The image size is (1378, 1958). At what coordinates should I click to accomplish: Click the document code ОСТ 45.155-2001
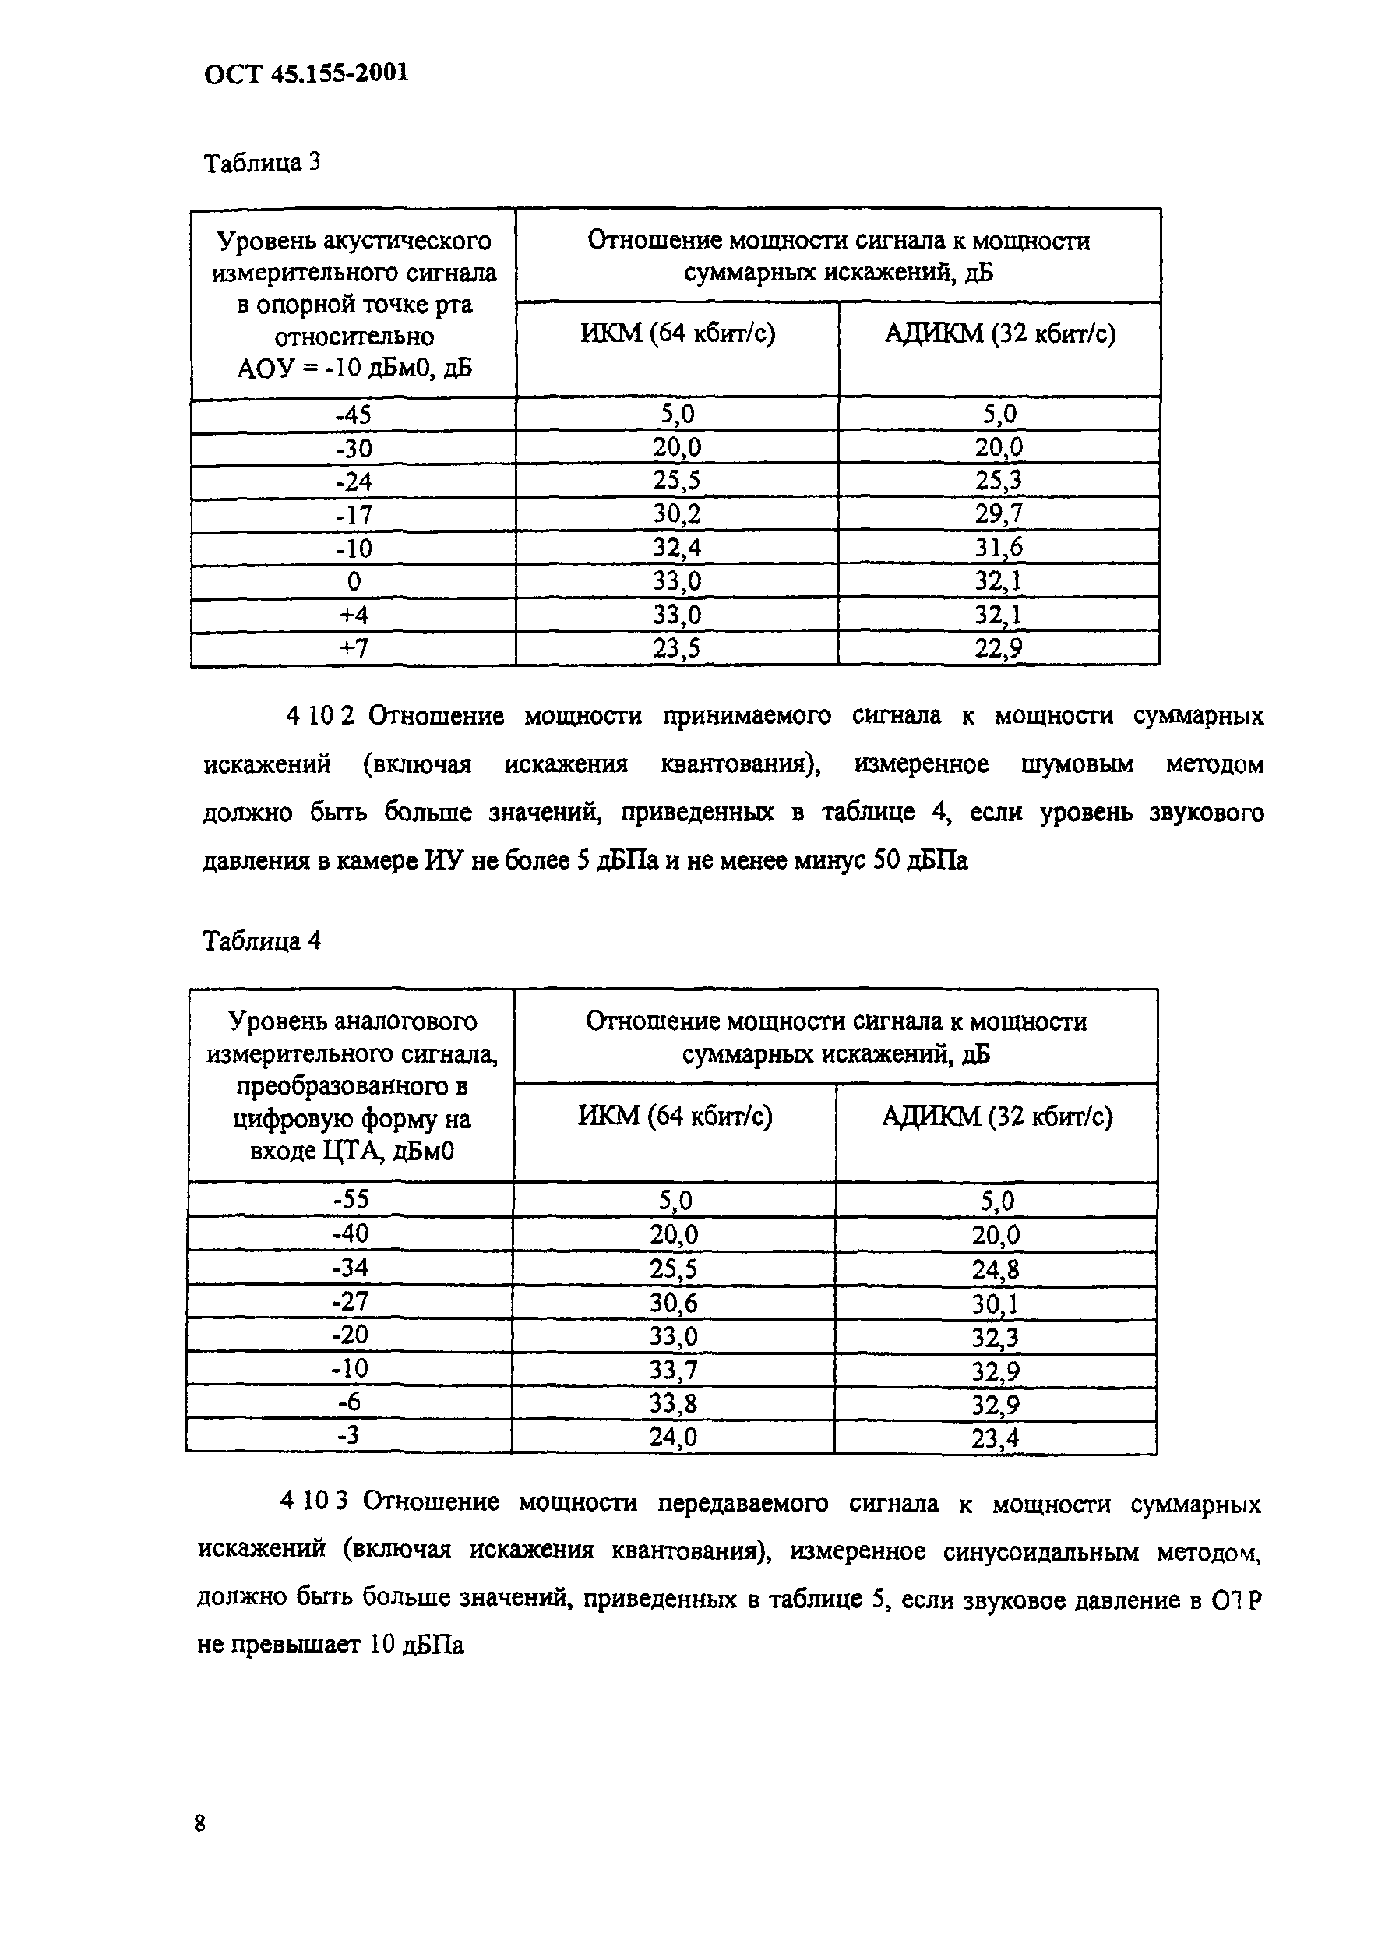[306, 73]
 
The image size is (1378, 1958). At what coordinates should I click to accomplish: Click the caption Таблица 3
[262, 162]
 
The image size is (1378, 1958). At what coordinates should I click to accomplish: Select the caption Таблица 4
[262, 940]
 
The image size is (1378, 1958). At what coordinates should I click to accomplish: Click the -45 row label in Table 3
[354, 415]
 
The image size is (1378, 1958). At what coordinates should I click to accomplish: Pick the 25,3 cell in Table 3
[999, 481]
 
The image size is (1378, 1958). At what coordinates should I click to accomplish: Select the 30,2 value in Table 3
[677, 514]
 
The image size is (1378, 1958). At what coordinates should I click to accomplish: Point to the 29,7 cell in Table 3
[999, 514]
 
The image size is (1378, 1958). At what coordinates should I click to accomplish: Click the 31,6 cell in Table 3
[999, 548]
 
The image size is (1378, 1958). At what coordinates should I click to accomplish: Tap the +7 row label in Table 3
[354, 648]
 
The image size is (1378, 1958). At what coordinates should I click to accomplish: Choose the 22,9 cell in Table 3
[999, 648]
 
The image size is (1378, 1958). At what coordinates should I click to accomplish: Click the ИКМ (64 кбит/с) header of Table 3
[677, 333]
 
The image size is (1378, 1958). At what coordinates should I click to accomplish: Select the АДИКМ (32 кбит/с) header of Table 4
[996, 1116]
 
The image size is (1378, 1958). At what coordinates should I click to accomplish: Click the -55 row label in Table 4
[351, 1200]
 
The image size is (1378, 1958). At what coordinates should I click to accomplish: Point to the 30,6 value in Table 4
[674, 1303]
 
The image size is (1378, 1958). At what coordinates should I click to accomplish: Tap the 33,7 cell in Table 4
[674, 1371]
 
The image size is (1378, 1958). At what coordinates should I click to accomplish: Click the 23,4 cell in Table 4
[995, 1438]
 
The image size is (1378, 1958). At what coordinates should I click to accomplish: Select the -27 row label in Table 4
[351, 1302]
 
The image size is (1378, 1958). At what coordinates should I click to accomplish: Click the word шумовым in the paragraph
[1076, 764]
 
